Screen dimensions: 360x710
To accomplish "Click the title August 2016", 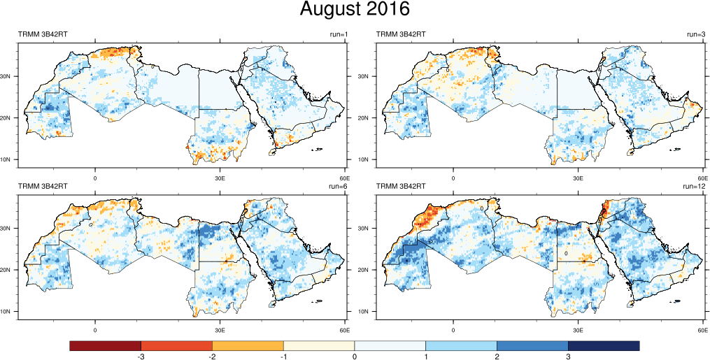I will pos(355,10).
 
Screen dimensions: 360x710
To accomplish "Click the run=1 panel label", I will pos(339,34).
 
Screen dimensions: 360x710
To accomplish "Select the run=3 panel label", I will pos(697,34).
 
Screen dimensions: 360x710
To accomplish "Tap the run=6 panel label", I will pos(339,186).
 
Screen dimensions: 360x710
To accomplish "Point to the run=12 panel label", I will pos(695,186).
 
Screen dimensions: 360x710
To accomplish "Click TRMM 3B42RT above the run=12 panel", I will pos(401,186).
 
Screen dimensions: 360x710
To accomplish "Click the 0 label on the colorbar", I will pos(355,357).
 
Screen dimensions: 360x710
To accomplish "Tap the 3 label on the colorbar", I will pos(568,357).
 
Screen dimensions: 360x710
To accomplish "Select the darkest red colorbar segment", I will pos(106,345).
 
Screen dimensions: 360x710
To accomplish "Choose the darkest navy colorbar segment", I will pos(604,345).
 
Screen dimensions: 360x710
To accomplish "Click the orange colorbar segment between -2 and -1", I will pos(248,345).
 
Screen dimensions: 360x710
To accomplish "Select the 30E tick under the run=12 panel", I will pos(578,329).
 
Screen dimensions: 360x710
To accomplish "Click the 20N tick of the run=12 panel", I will pos(369,270).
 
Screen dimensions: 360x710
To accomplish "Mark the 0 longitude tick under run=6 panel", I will pos(95,329).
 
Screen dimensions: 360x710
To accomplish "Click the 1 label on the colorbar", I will pos(426,357).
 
